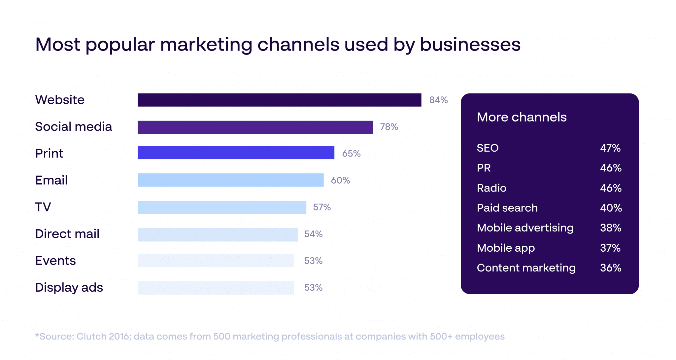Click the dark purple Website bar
point(279,100)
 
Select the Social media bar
point(255,127)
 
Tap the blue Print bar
point(236,153)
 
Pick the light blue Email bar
point(230,180)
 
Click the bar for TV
point(222,207)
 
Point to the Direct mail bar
point(218,235)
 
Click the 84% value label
point(438,100)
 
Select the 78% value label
point(389,127)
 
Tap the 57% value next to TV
point(322,207)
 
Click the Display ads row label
point(69,288)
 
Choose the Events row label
point(55,261)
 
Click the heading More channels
point(522,117)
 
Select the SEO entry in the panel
point(488,148)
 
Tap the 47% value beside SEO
point(610,148)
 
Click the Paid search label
point(507,208)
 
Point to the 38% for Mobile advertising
point(611,228)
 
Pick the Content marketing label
point(526,268)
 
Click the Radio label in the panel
point(491,188)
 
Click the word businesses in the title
point(470,45)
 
